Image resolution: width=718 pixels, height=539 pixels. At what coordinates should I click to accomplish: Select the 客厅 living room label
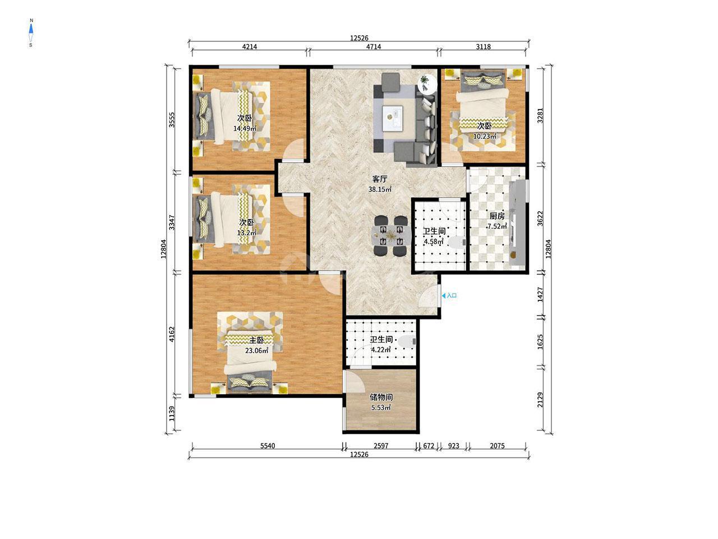380,179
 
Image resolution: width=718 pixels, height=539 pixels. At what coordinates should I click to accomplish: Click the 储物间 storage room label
381,398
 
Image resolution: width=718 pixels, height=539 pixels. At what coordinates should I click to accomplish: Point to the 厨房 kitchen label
497,216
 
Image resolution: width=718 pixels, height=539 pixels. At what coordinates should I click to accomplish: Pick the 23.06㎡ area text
256,351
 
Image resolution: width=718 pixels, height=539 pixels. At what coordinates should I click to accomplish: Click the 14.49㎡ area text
245,129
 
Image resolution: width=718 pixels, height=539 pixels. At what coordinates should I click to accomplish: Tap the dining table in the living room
391,235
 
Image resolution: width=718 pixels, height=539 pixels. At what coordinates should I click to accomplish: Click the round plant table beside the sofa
427,84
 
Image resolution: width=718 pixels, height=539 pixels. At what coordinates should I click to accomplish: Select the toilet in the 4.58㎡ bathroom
457,243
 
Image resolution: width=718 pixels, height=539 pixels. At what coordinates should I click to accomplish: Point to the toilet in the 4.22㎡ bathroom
408,341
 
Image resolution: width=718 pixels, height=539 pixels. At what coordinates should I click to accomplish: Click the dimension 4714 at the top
373,47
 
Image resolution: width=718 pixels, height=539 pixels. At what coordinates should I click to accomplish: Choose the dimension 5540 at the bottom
267,446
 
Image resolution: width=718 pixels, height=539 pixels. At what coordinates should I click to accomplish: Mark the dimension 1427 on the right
540,295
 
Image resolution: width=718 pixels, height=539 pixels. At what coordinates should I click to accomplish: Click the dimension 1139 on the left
172,414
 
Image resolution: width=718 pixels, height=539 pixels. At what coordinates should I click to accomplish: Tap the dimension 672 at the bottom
429,446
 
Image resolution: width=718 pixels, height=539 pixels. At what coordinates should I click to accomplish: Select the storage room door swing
355,381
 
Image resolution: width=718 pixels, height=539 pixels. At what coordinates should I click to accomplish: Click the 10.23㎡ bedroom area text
485,136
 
